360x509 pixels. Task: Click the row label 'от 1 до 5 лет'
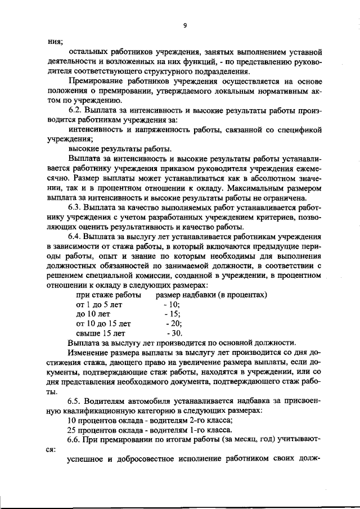pos(99,304)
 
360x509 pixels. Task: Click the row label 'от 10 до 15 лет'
pos(103,323)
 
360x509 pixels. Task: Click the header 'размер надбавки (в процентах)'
pos(211,294)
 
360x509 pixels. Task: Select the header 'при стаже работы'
pos(109,294)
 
